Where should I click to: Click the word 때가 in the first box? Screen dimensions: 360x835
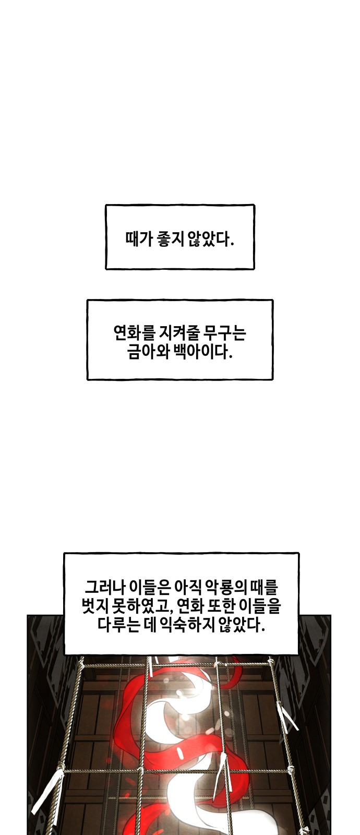139,239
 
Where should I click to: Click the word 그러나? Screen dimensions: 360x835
104,587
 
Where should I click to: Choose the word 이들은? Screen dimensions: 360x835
149,587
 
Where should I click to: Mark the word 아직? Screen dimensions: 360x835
188,587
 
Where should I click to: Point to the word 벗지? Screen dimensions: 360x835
95,606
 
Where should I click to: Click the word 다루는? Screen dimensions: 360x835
118,625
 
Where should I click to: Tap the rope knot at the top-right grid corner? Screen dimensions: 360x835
271,663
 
